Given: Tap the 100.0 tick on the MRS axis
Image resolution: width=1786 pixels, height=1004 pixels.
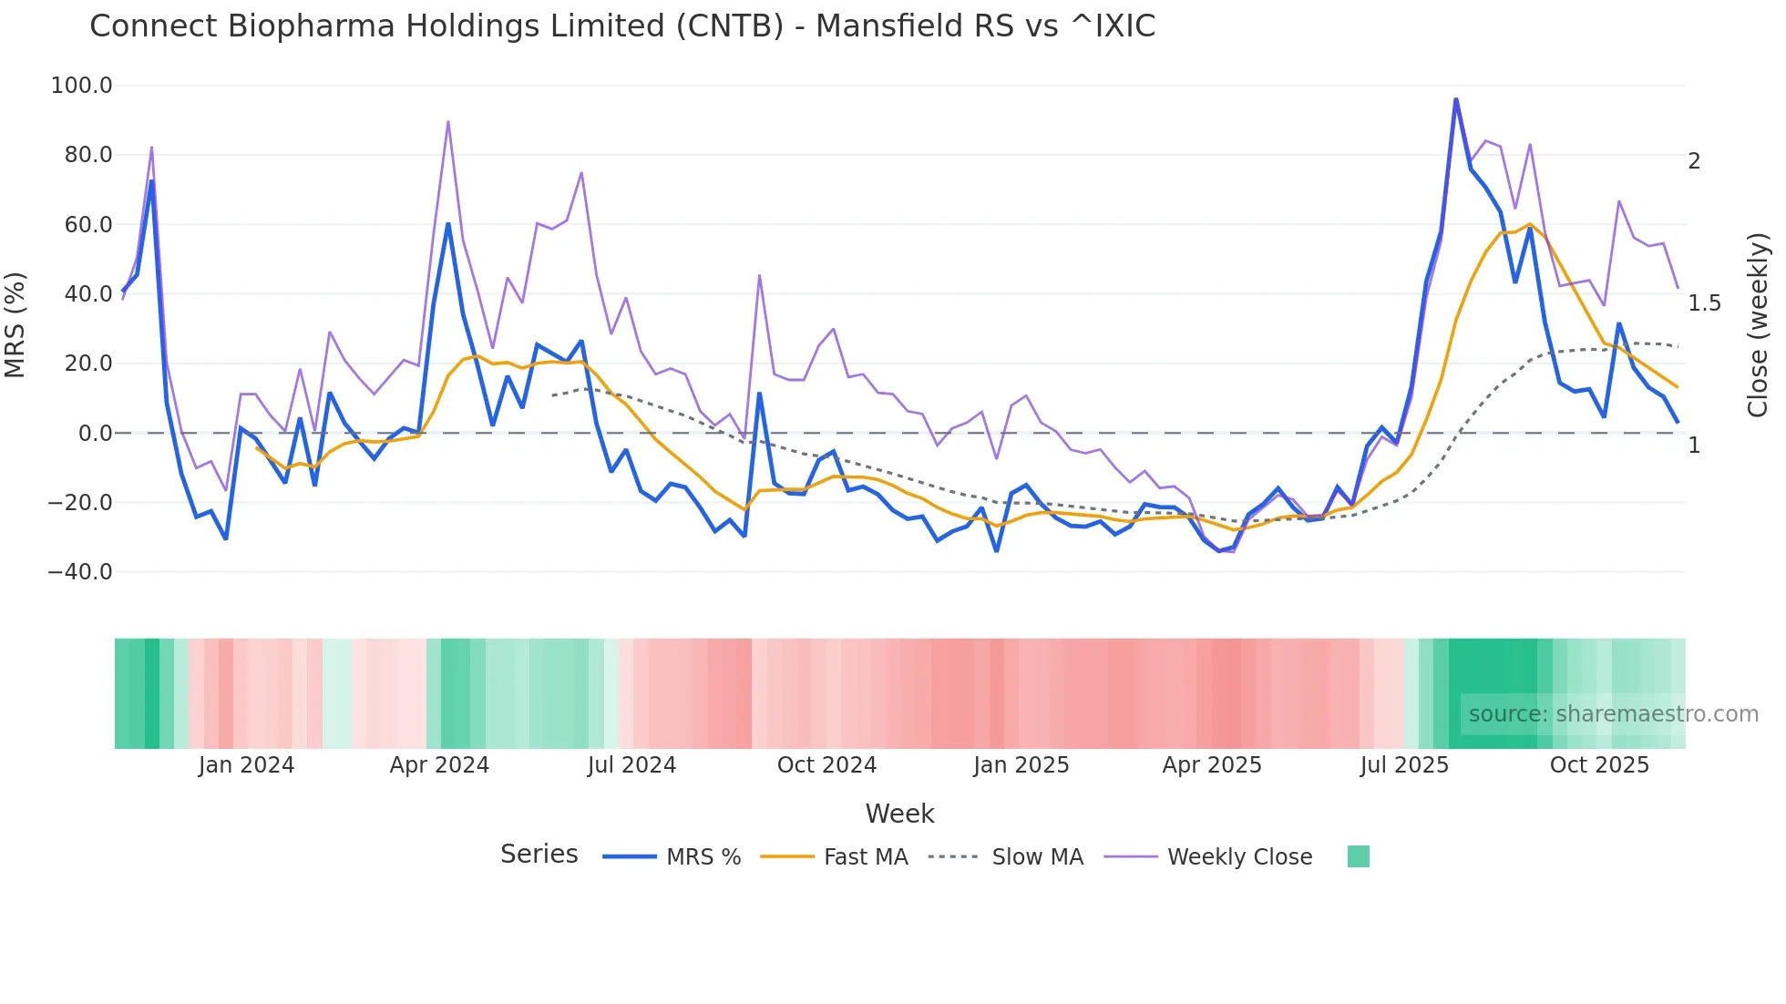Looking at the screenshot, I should (81, 86).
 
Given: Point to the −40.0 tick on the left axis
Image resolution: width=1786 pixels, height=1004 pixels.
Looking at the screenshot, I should (79, 572).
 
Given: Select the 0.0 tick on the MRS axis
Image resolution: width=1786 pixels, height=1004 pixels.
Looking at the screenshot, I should (95, 434).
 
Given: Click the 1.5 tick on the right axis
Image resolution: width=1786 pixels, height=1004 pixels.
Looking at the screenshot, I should (1704, 303).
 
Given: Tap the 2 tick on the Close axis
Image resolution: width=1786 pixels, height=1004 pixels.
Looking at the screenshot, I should (1694, 161).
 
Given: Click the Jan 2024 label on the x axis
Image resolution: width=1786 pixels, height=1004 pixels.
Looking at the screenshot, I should (246, 765).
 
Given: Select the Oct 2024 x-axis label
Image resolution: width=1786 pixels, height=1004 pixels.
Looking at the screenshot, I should (826, 765).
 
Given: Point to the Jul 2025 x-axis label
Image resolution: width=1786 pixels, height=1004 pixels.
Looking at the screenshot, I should (1404, 765).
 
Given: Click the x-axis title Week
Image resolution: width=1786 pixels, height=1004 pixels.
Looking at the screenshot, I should (899, 814).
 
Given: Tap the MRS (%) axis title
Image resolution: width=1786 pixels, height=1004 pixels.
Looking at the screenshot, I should (15, 324).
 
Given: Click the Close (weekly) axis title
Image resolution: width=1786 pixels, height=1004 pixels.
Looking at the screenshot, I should (1758, 324).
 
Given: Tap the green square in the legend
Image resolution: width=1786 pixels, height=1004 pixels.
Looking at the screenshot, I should (1358, 856).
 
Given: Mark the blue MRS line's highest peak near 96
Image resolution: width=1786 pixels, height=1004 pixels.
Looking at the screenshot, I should (1455, 99).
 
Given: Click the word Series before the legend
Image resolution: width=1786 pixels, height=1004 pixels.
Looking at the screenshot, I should (539, 855).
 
